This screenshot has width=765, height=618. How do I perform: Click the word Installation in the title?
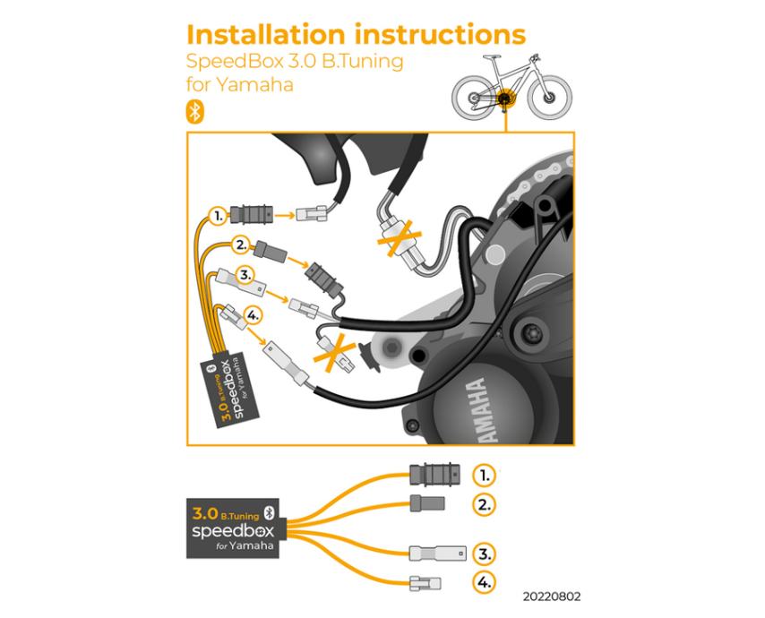[265, 35]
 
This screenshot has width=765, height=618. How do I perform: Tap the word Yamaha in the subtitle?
[254, 85]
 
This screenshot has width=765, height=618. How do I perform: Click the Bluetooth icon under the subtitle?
[194, 112]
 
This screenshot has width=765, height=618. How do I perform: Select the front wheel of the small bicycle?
[549, 97]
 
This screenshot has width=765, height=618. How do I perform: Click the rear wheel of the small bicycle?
[474, 98]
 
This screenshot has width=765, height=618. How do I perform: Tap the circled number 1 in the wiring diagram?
[218, 215]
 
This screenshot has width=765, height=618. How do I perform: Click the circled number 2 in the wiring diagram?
[241, 245]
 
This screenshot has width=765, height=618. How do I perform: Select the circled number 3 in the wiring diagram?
[245, 276]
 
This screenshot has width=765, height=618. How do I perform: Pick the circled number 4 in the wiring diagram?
[253, 315]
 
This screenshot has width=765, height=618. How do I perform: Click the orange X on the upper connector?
[400, 237]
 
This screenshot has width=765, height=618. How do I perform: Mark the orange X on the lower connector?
[335, 353]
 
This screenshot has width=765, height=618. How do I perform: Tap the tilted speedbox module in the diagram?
[229, 390]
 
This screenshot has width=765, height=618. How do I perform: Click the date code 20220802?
[552, 597]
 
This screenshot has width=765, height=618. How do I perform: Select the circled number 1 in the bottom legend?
[484, 475]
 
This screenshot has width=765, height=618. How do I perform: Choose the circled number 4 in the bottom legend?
[484, 582]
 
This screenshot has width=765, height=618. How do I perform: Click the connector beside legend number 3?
[438, 554]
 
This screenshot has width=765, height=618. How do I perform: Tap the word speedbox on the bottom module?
[233, 531]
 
